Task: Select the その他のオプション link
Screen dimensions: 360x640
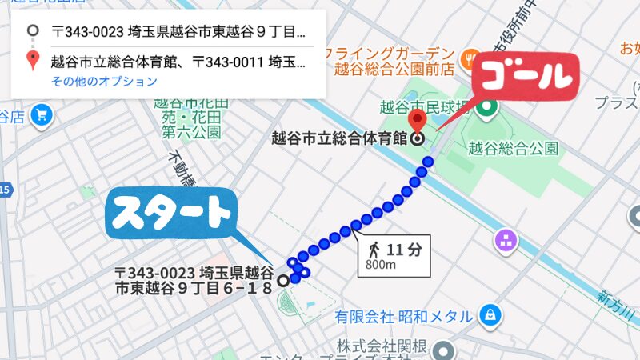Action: [104, 82]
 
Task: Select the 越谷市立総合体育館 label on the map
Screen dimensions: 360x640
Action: [339, 138]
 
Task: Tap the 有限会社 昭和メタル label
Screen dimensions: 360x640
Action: [403, 317]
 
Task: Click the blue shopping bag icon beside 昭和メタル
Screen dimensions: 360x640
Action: [490, 316]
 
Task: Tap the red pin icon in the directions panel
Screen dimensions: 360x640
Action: [33, 60]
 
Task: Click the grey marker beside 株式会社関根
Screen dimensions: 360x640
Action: [444, 350]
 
